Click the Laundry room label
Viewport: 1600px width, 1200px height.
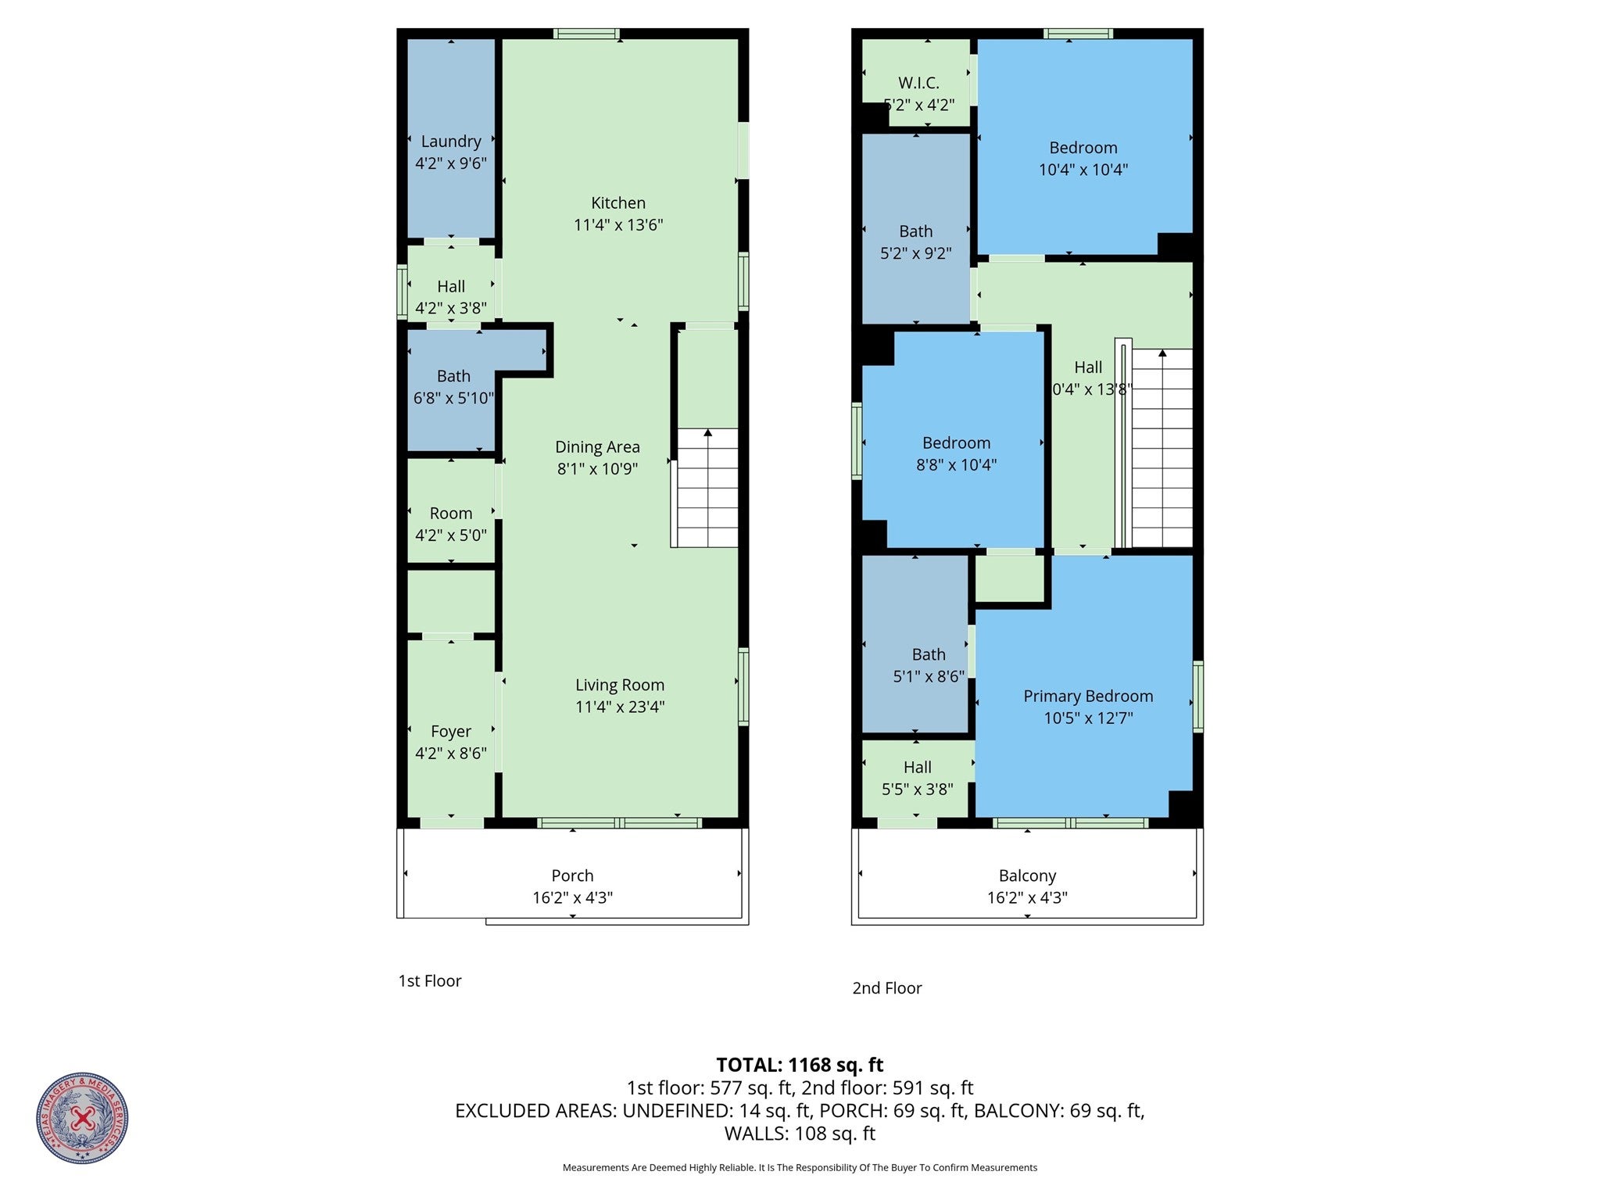451,141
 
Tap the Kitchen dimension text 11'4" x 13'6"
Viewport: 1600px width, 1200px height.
618,225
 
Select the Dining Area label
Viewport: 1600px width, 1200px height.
597,447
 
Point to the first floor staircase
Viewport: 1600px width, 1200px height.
707,488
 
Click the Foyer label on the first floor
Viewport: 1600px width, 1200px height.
451,732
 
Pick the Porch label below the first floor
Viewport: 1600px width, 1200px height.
572,876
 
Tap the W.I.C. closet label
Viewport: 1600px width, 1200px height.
918,83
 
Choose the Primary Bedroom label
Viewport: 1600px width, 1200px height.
1088,697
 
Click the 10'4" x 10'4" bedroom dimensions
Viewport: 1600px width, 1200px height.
1083,170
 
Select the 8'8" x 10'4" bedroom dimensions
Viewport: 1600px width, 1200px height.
956,465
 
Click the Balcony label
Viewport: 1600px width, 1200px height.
1027,876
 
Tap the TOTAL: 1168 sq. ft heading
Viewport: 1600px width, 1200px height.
800,1065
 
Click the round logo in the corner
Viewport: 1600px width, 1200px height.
82,1118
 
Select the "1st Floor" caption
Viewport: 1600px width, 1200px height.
430,981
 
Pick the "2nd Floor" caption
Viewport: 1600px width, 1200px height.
886,988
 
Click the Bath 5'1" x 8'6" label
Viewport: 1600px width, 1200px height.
929,655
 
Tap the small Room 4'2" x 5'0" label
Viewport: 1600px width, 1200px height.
451,514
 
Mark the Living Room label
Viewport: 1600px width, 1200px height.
620,686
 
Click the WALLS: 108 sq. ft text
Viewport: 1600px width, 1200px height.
800,1134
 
